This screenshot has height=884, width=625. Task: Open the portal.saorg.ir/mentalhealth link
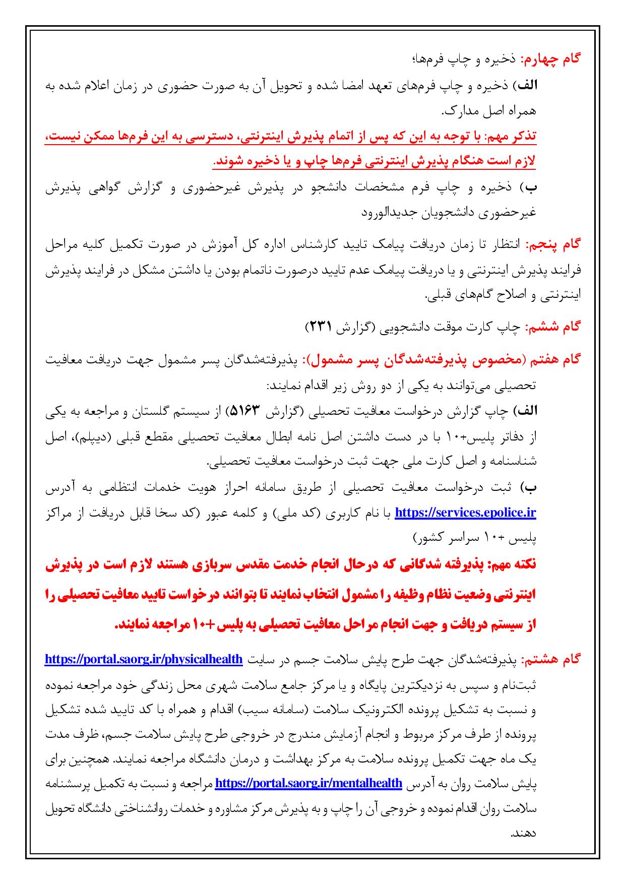coord(308,784)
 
